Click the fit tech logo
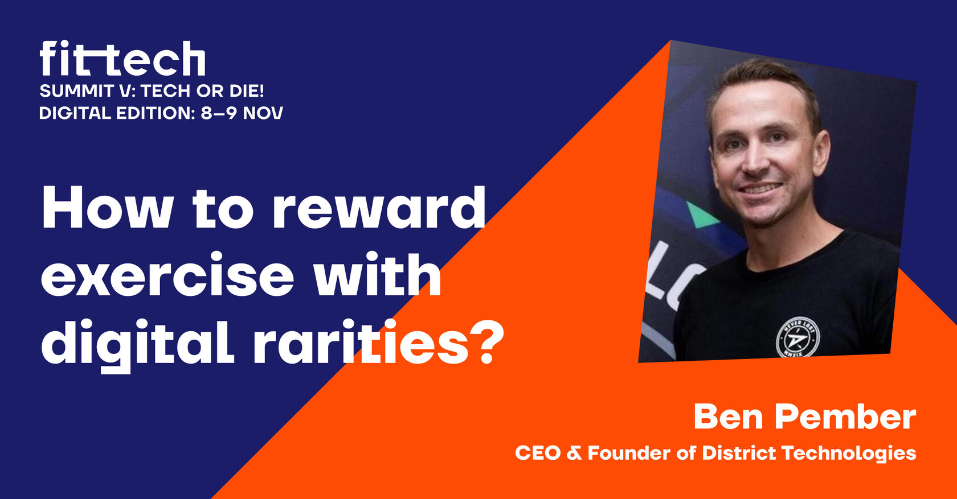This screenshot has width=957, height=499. [122, 59]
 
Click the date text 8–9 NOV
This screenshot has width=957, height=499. [242, 113]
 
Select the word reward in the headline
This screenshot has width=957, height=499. [379, 208]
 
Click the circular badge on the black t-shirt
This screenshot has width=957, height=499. [797, 337]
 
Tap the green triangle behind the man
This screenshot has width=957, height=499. [701, 215]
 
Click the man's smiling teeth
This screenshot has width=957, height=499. [760, 188]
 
